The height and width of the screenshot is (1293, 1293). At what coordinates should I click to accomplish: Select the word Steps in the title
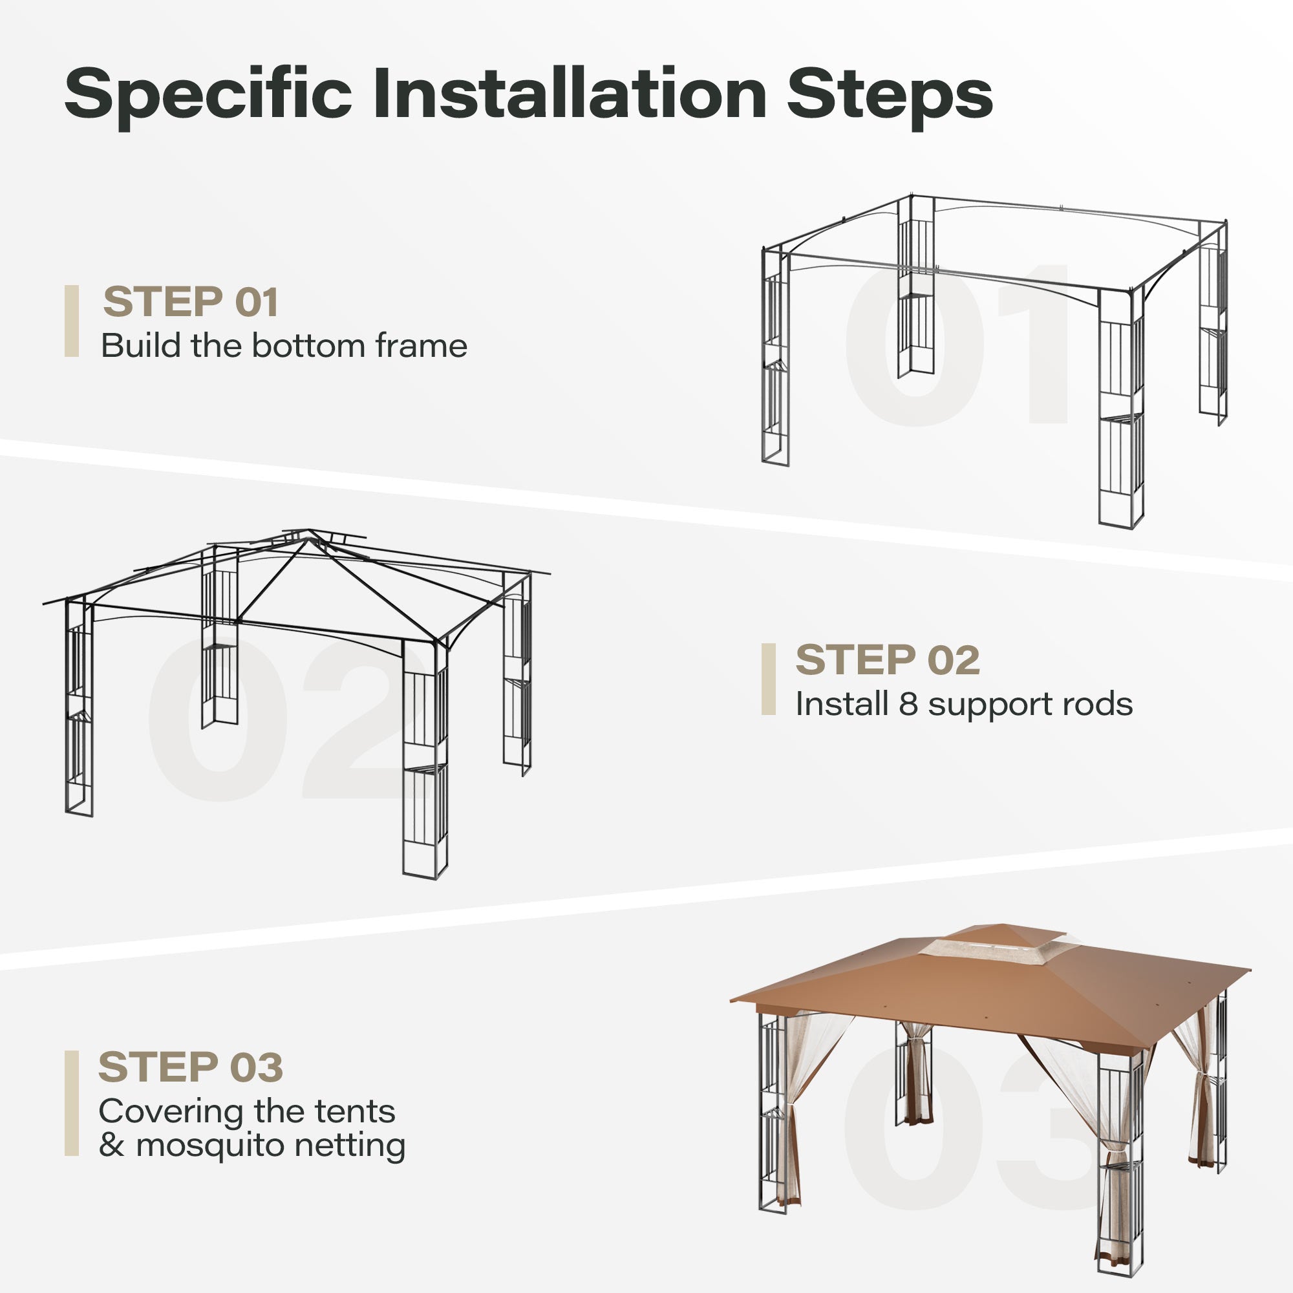coord(890,96)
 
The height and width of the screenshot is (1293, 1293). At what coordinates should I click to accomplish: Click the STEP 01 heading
coord(190,301)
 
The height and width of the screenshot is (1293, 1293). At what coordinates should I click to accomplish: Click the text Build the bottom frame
coord(284,346)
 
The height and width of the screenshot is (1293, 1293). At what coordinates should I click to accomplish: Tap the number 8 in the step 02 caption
coord(908,704)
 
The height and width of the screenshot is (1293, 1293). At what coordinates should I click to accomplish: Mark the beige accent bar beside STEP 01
coord(72,321)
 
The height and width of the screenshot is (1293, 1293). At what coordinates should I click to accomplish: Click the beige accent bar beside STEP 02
coord(768,679)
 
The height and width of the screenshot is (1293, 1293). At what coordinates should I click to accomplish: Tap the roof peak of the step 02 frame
coord(308,535)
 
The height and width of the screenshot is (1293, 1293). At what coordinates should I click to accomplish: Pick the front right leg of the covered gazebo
coord(1120,1171)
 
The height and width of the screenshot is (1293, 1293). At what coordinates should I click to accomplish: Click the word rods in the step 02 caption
coord(1102,704)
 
